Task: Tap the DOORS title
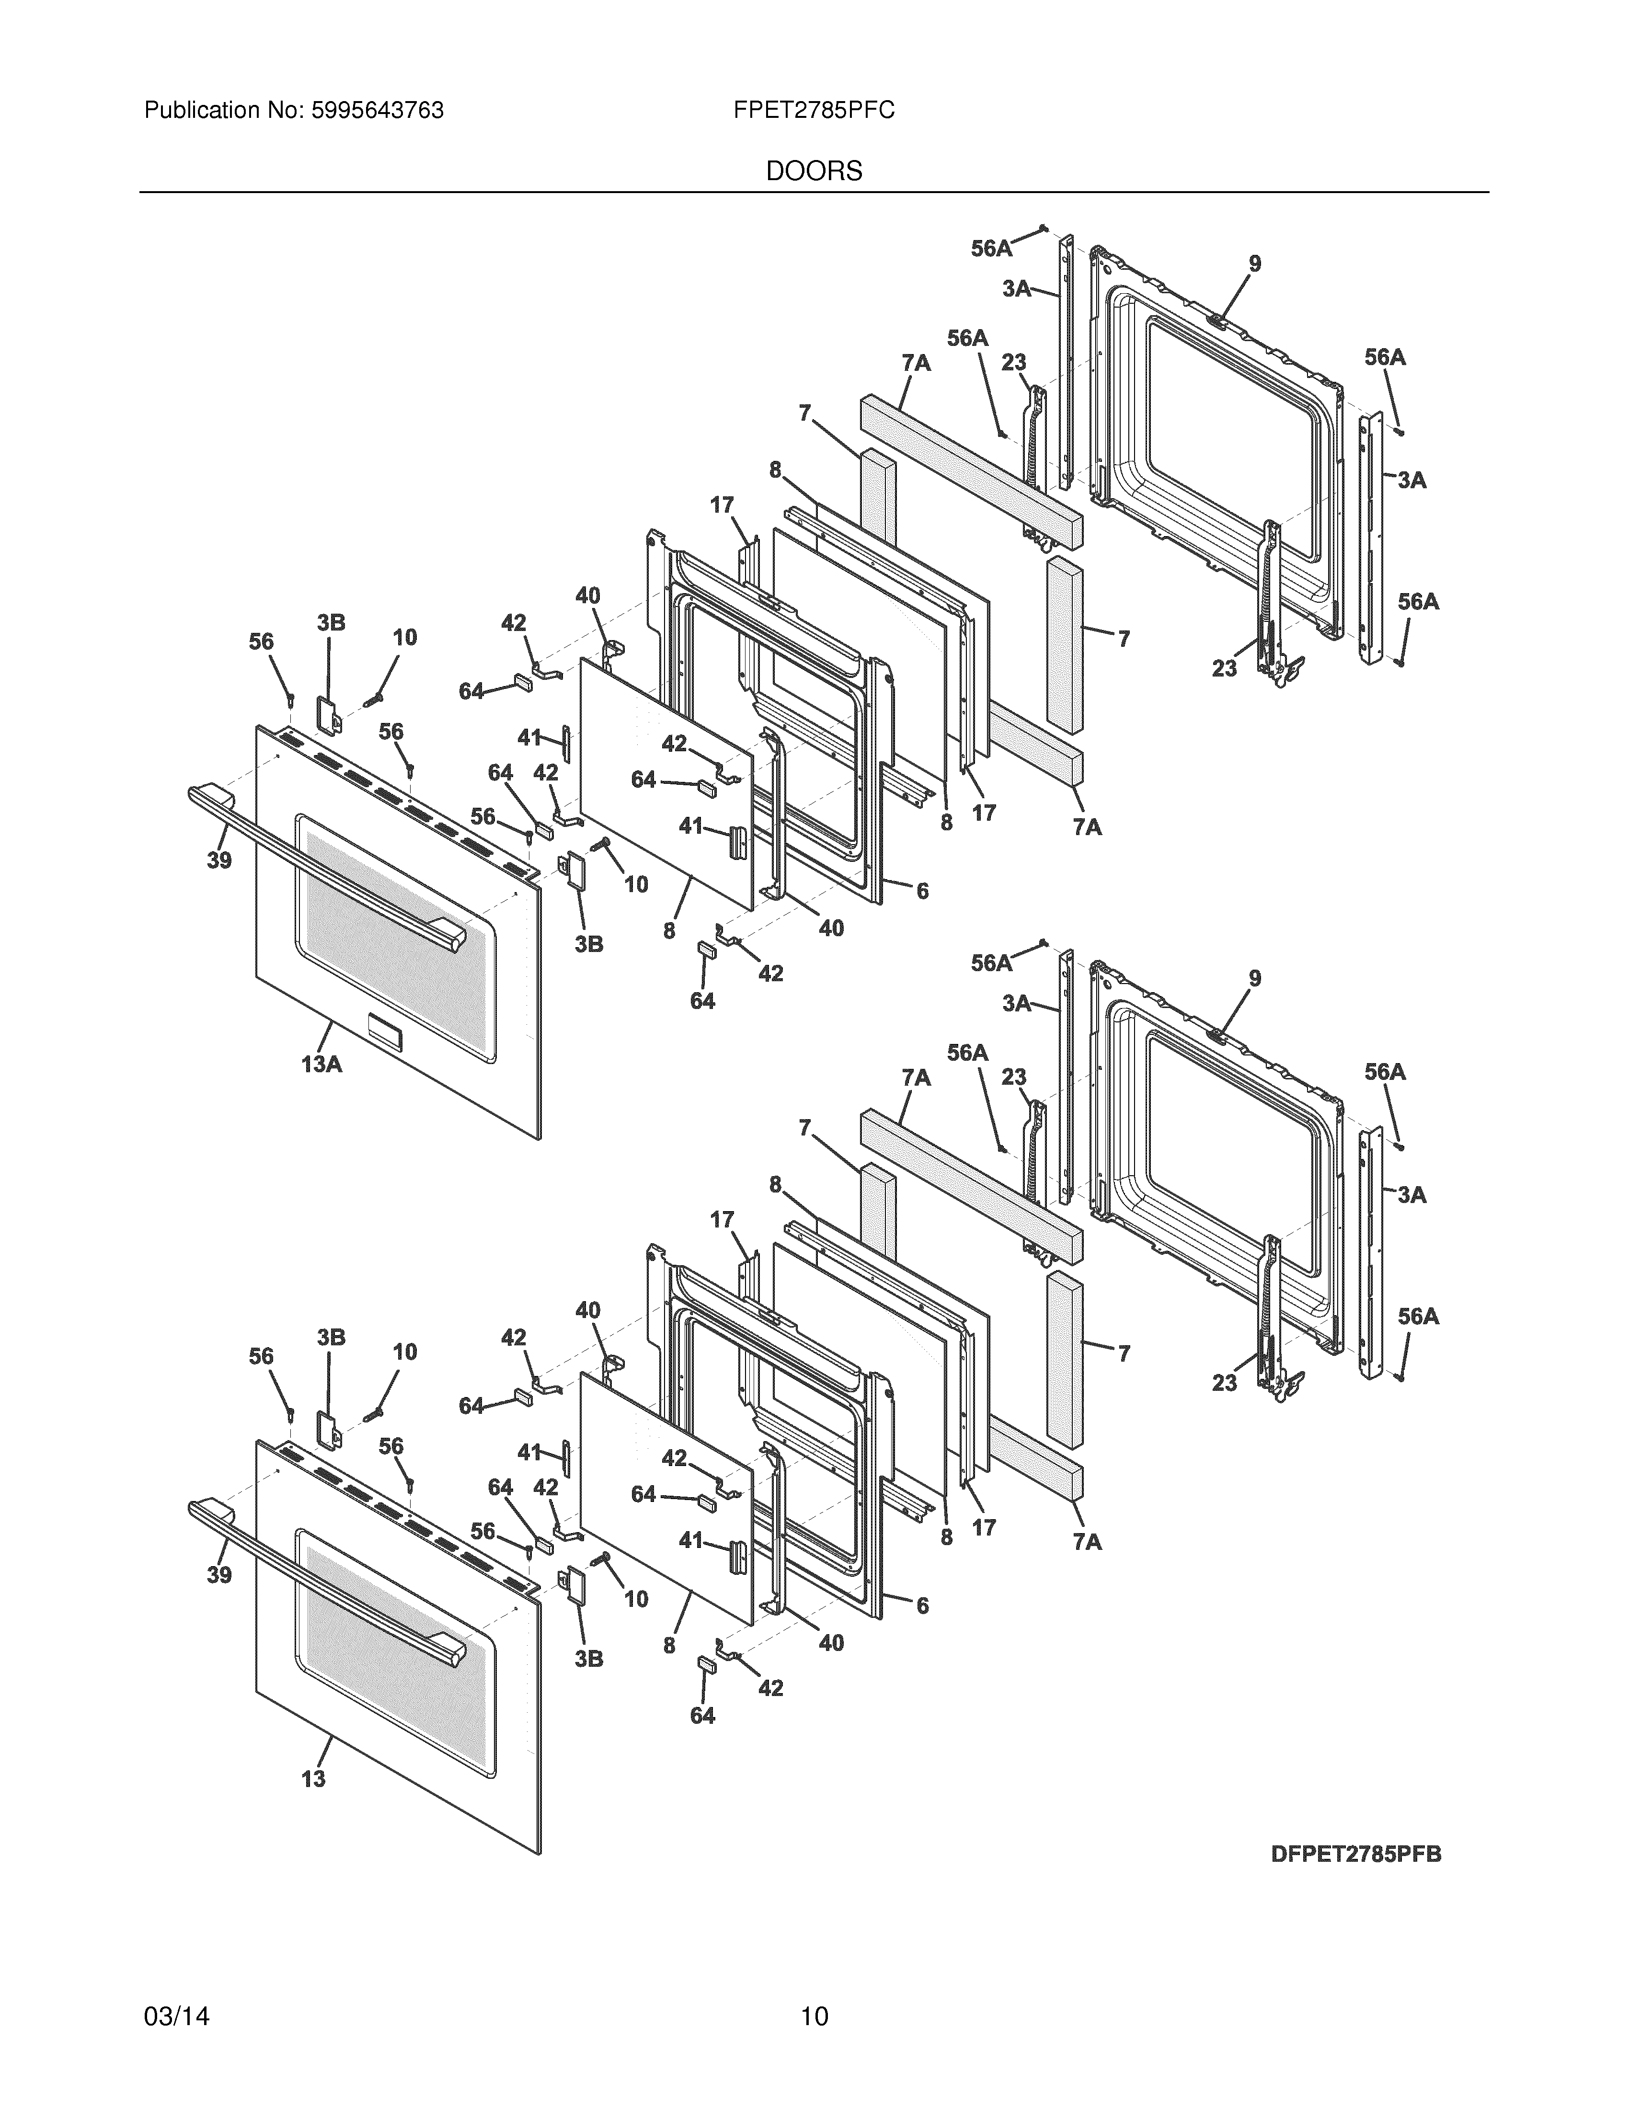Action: coord(814,172)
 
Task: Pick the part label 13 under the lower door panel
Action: coord(314,1778)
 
